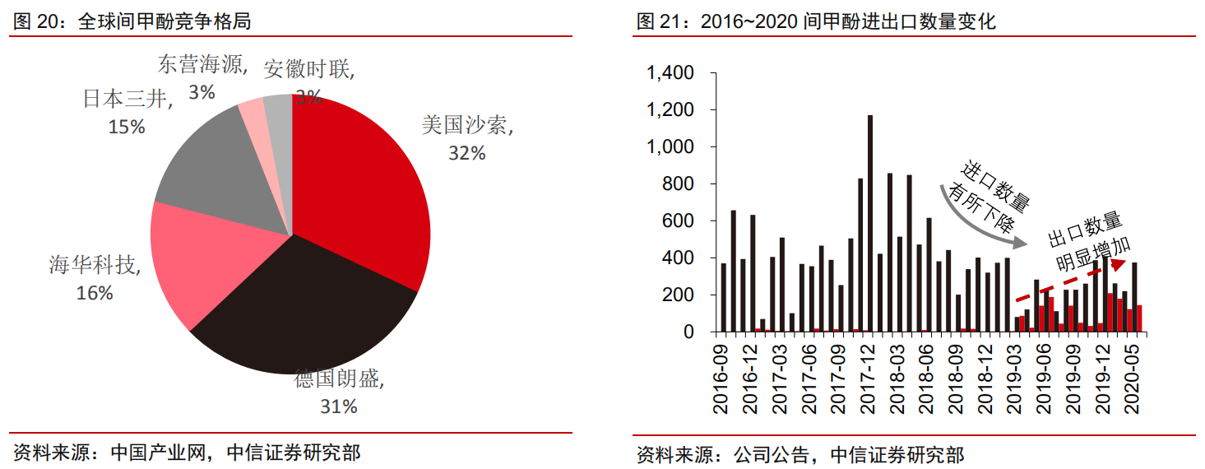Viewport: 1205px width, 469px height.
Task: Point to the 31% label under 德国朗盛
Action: click(x=338, y=406)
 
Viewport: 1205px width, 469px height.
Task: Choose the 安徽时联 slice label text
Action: click(x=309, y=69)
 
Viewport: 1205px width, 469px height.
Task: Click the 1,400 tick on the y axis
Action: click(x=671, y=74)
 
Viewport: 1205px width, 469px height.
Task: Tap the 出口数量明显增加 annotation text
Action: click(x=1090, y=243)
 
